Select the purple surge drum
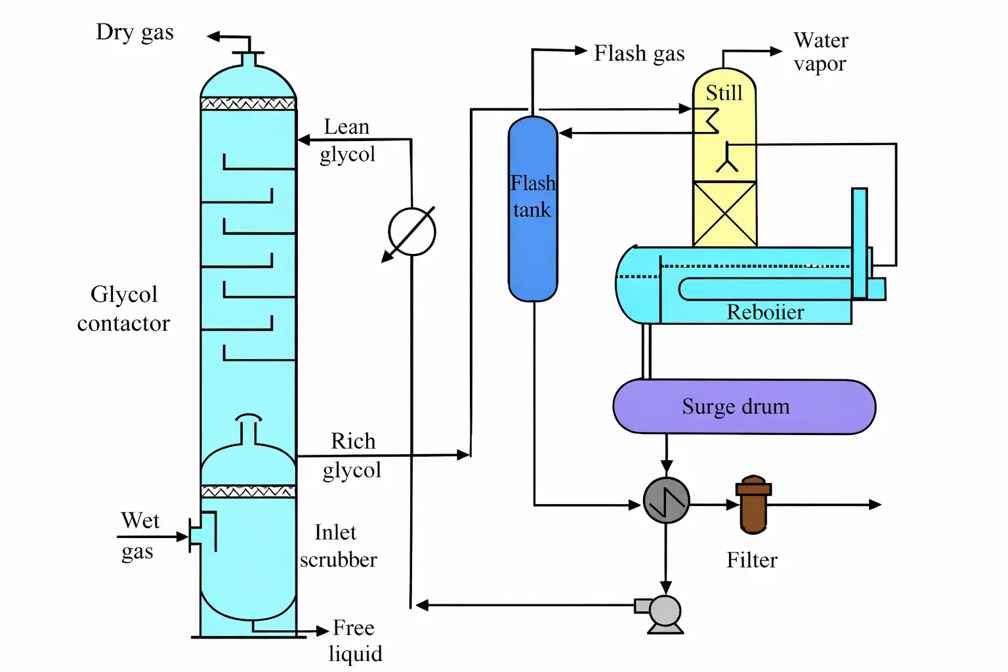coord(744,407)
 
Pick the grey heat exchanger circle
coord(666,501)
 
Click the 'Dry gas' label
coord(135,32)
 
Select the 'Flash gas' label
coord(639,54)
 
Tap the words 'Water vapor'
coord(820,52)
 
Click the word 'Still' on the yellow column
coord(724,93)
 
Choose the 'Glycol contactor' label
coord(123,308)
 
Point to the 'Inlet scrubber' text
coord(339,546)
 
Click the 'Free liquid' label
coord(354,640)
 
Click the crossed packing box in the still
coord(724,214)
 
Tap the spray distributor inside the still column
coord(727,160)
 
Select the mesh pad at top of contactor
coord(248,104)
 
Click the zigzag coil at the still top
coord(710,120)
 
